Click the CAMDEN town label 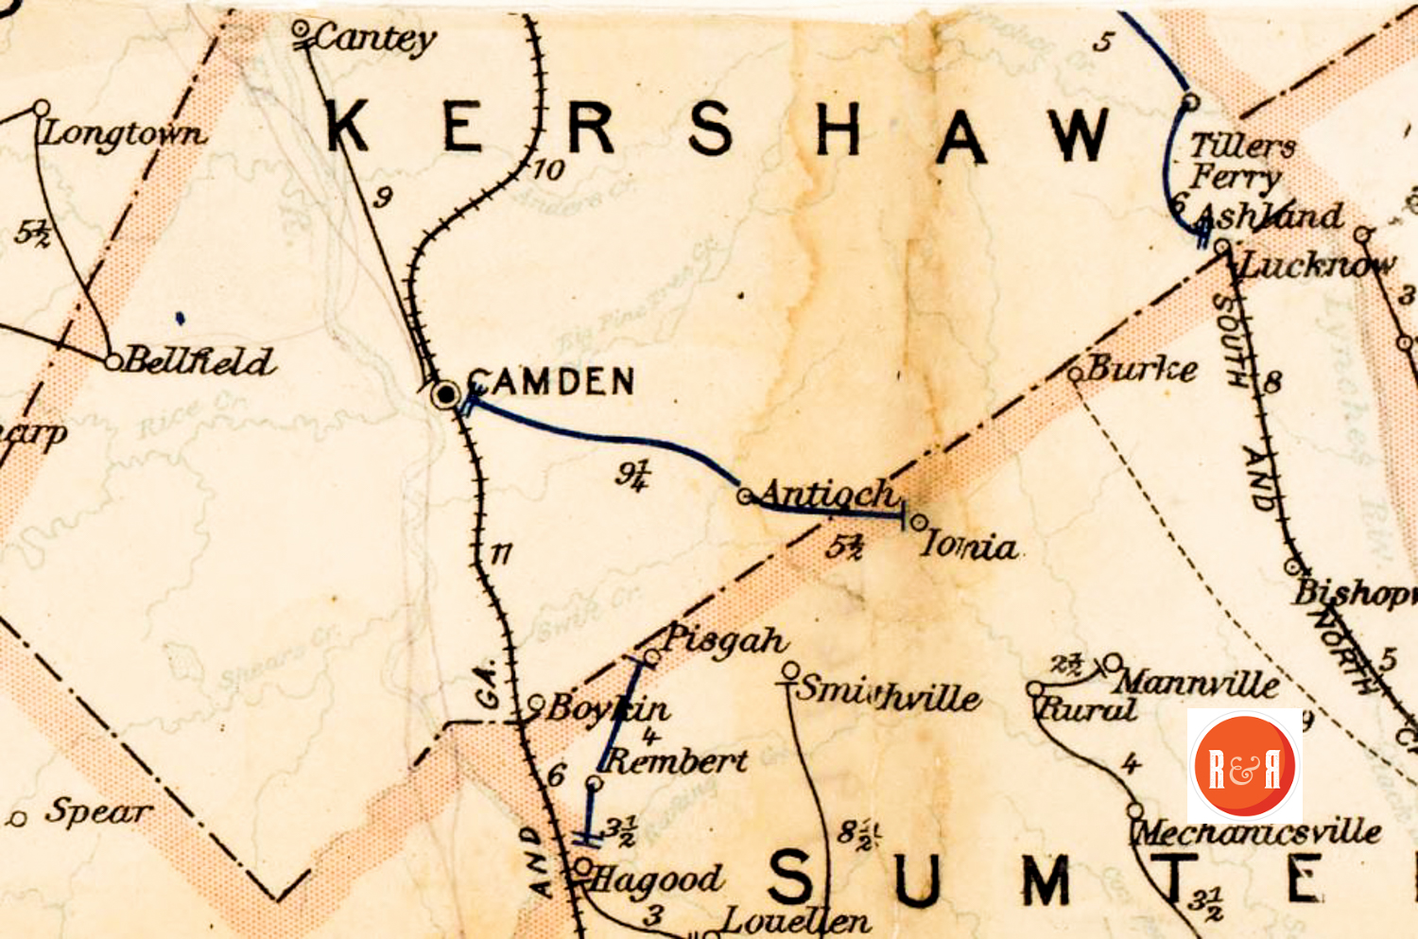coord(551,382)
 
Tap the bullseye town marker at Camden coord(445,394)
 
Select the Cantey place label coord(374,38)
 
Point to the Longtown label coord(123,132)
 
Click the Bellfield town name coord(199,360)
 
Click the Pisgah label coord(724,640)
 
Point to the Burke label coord(1142,368)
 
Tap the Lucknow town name coord(1316,264)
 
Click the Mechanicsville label coord(1257,832)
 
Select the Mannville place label coord(1196,682)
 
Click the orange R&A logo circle coord(1244,766)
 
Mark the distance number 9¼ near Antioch coord(632,473)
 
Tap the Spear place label coord(98,811)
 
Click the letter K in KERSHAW coord(348,127)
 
